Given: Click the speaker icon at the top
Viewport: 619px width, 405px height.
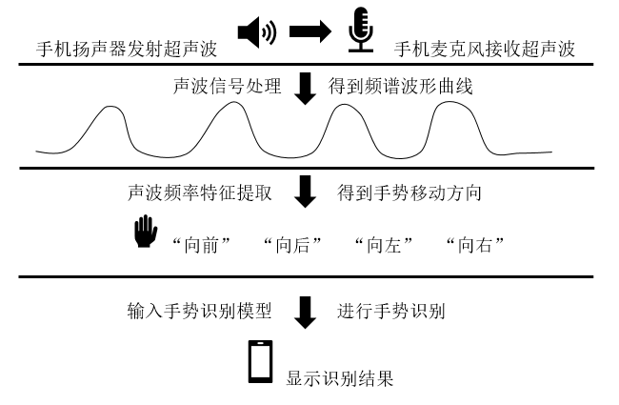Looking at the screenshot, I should pyautogui.click(x=255, y=34).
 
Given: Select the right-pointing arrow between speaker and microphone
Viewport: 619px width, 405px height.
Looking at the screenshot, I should pyautogui.click(x=308, y=34).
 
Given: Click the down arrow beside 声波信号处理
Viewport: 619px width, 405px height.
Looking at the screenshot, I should pyautogui.click(x=305, y=91).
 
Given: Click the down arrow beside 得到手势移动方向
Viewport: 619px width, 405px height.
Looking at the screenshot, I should pyautogui.click(x=305, y=194).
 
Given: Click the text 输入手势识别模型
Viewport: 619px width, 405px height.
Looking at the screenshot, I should pyautogui.click(x=201, y=312).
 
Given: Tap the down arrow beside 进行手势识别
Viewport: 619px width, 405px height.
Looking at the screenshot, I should pyautogui.click(x=305, y=314).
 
